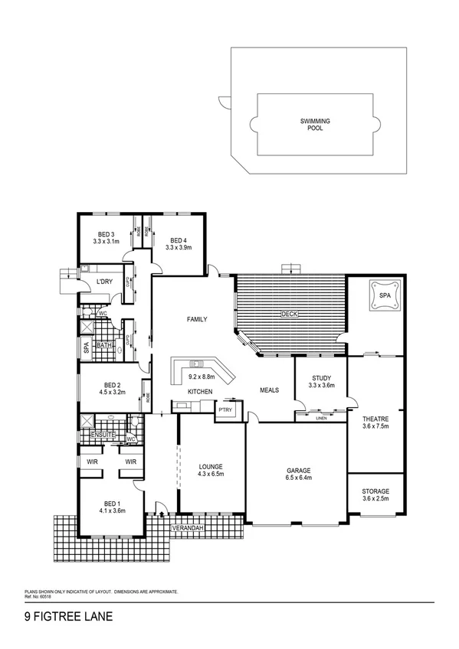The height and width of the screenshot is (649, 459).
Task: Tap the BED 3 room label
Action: click(x=106, y=234)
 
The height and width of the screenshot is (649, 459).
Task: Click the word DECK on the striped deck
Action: click(x=289, y=314)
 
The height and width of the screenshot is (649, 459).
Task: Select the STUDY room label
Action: click(x=321, y=377)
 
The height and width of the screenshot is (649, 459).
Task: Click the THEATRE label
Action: click(x=376, y=419)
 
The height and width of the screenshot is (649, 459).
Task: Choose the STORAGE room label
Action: click(x=376, y=491)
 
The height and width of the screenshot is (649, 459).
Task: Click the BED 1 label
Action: click(x=108, y=503)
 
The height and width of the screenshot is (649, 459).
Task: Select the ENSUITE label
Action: click(x=102, y=435)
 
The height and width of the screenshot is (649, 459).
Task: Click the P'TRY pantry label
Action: click(x=225, y=410)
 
